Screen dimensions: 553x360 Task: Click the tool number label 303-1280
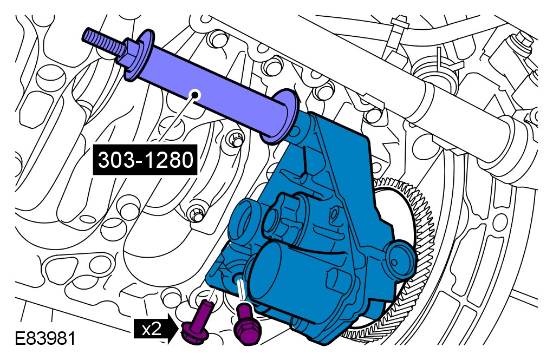pos(145,160)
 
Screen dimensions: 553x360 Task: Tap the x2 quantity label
pos(151,329)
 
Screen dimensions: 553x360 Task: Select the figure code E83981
pos(45,339)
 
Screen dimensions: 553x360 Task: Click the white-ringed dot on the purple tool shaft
pos(194,95)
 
